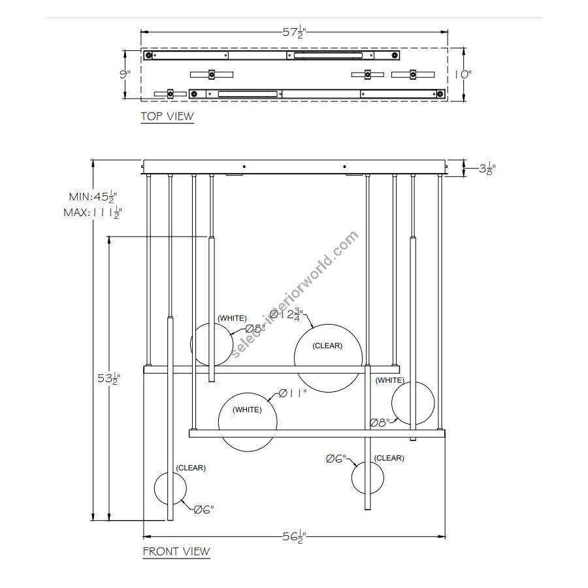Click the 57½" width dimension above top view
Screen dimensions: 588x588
point(295,32)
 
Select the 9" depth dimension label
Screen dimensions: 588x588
point(125,74)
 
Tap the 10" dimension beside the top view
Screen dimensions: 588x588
point(463,74)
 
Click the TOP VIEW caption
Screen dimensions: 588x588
point(167,116)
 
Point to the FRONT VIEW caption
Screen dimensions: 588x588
point(176,551)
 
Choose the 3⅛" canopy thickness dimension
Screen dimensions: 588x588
point(487,169)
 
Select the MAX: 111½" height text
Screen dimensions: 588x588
point(93,212)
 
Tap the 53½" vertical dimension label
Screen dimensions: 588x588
point(109,379)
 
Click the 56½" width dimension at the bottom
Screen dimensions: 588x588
point(295,537)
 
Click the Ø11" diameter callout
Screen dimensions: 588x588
point(293,393)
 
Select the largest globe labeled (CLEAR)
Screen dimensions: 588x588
point(328,358)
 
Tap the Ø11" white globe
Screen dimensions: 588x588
point(248,422)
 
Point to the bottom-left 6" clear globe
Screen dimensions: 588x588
point(171,487)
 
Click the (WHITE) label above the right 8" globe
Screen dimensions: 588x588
point(390,380)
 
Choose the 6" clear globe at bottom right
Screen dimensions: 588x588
point(367,478)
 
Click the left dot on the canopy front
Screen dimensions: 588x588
point(244,166)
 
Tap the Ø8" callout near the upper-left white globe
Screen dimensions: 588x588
point(255,329)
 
